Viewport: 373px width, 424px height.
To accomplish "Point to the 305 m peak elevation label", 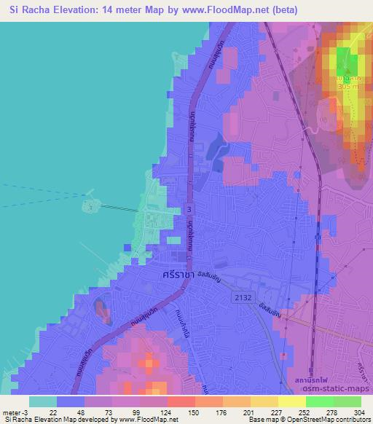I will click(x=348, y=86).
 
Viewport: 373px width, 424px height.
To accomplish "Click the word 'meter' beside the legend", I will click(x=12, y=413).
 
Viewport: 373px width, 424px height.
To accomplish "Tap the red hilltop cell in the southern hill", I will click(x=150, y=362).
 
